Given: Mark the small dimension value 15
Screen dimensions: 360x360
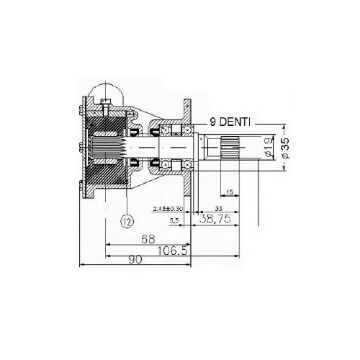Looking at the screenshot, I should pyautogui.click(x=229, y=189).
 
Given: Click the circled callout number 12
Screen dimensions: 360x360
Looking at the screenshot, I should pyautogui.click(x=125, y=220).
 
